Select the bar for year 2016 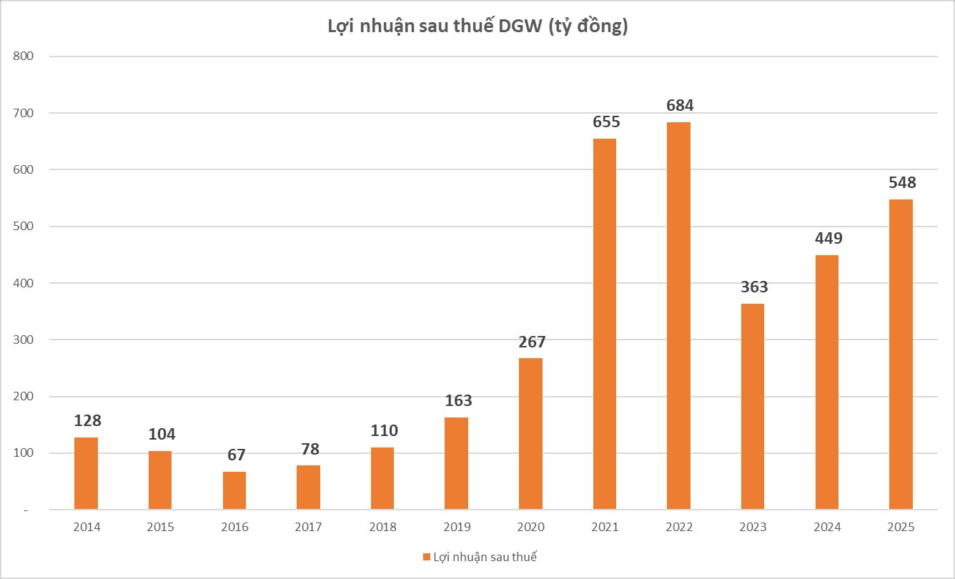click(x=234, y=490)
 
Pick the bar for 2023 click(x=753, y=407)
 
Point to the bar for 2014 click(x=86, y=473)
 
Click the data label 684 click(x=678, y=105)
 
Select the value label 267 click(x=530, y=342)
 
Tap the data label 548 click(x=901, y=182)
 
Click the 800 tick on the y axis click(x=23, y=56)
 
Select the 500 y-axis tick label click(x=23, y=227)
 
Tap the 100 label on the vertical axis click(x=23, y=453)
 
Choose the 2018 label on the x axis click(x=382, y=528)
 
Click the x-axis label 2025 click(x=901, y=528)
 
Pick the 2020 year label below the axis click(x=530, y=528)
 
